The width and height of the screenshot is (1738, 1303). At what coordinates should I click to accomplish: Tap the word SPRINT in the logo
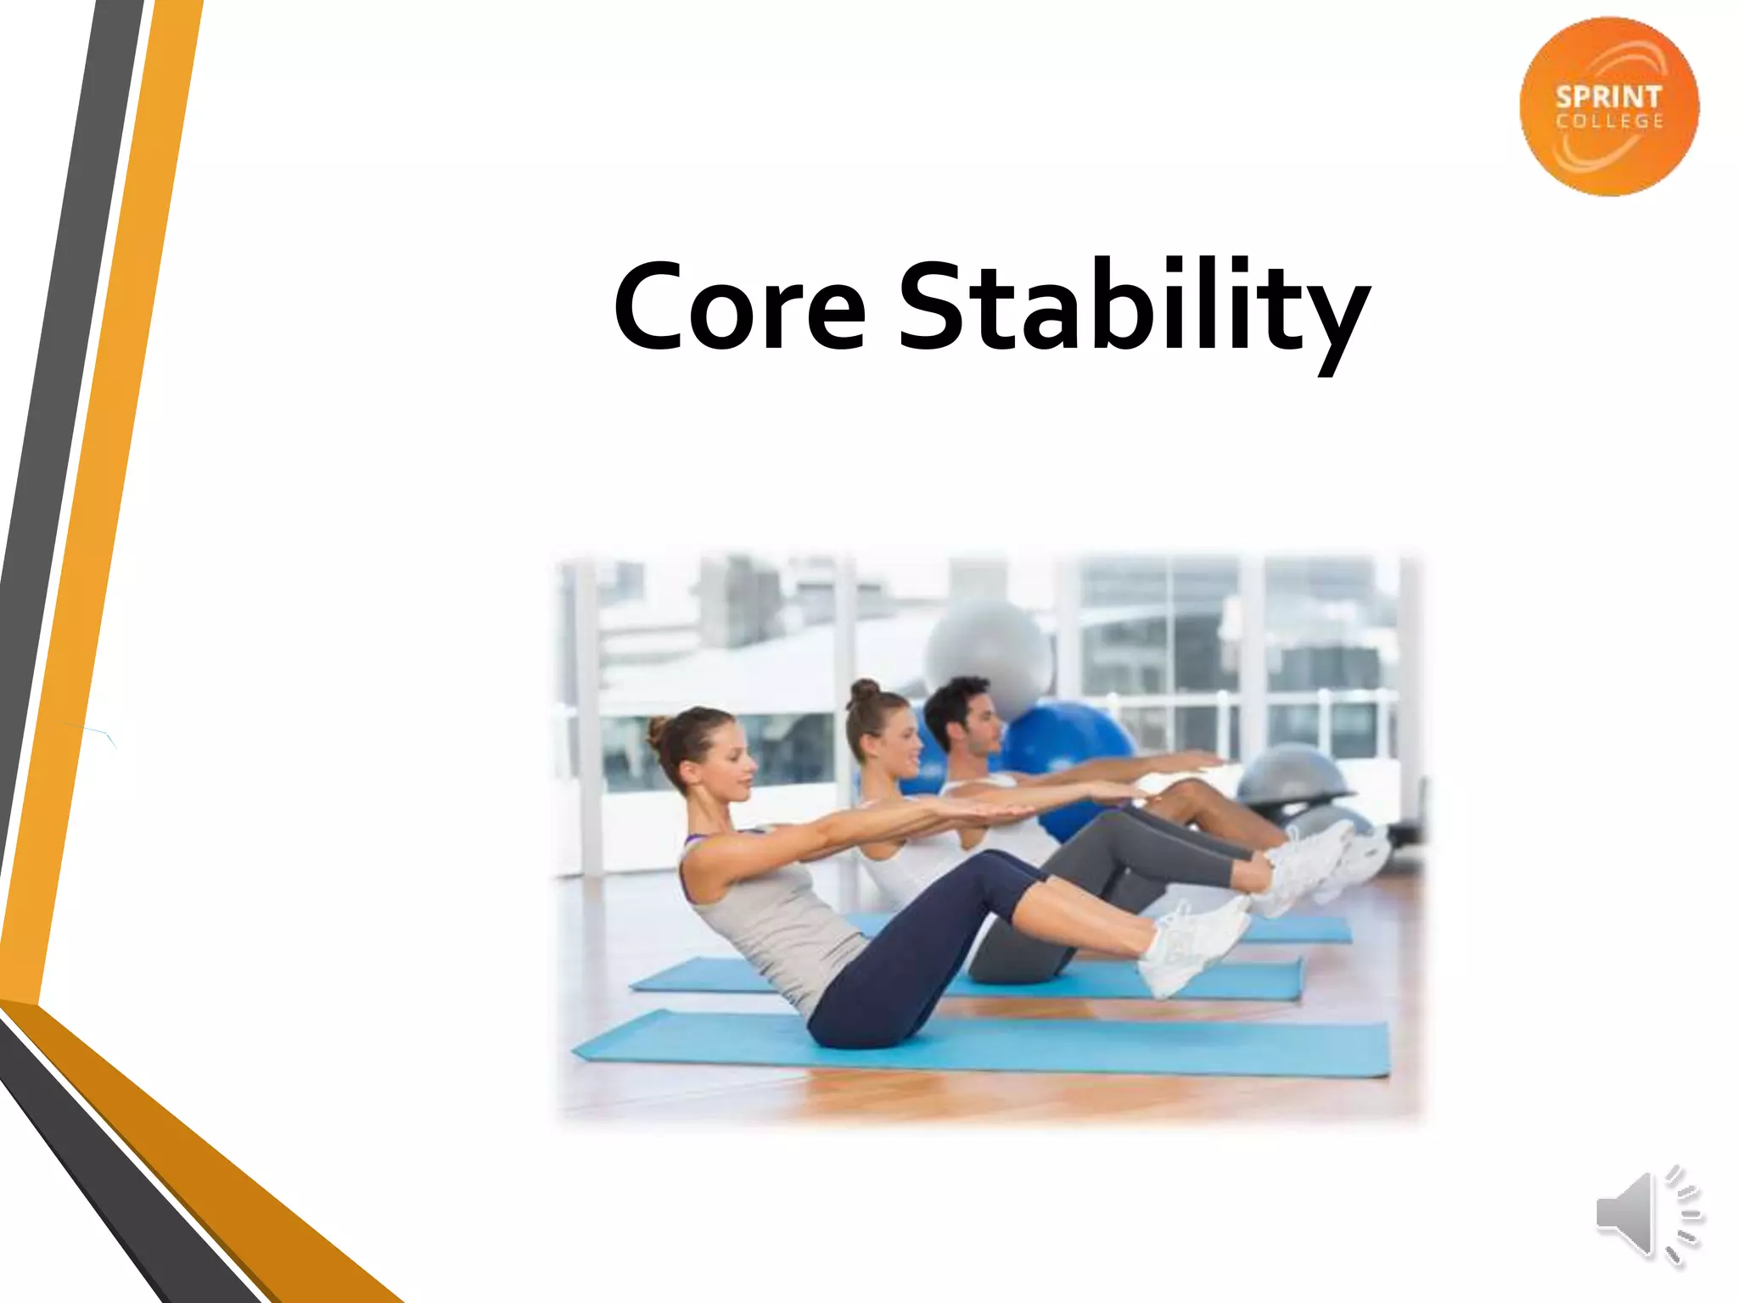click(1608, 97)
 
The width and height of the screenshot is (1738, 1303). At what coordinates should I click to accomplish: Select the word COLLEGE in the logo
click(1609, 122)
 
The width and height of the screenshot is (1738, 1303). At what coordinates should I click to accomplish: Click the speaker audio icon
click(1646, 1216)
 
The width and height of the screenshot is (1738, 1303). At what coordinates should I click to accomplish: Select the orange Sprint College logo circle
click(1609, 106)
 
